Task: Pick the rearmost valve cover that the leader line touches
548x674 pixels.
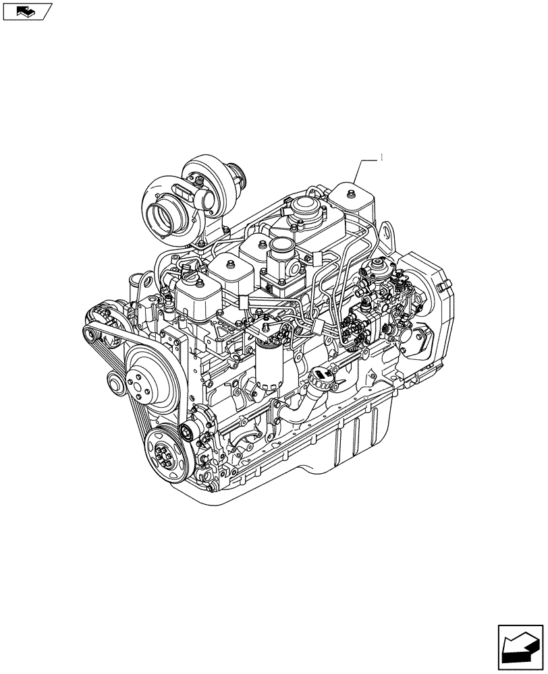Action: pos(352,197)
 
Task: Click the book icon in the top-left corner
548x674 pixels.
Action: pos(26,11)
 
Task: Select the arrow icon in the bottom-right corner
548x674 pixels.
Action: pos(520,646)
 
